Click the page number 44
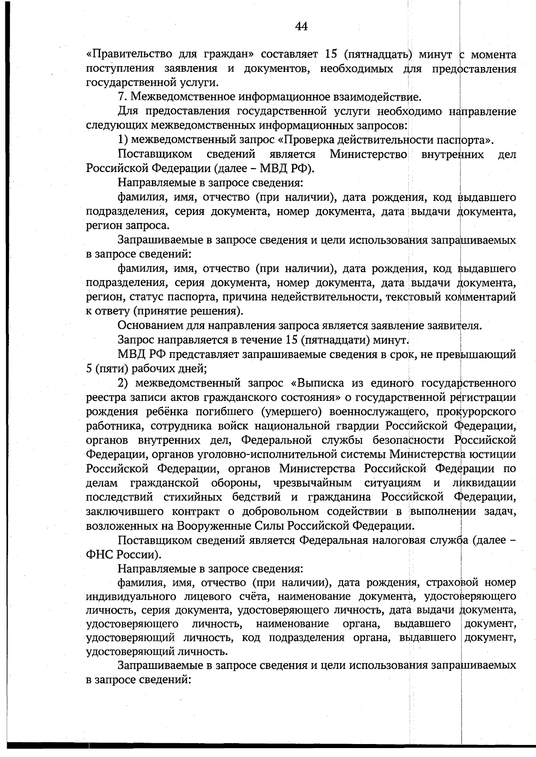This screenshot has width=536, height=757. point(301,27)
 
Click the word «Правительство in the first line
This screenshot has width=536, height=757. point(129,55)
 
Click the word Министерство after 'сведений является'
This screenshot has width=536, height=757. point(368,155)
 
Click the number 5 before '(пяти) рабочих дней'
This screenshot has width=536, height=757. point(88,369)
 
